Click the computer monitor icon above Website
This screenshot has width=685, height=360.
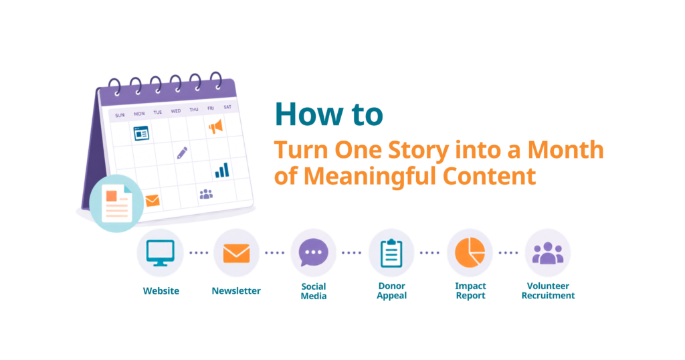(x=161, y=252)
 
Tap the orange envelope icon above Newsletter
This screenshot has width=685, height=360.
(x=236, y=254)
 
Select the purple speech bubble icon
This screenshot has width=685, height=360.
(x=313, y=252)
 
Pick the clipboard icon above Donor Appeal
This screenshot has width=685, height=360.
(x=391, y=253)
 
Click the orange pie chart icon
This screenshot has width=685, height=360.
(x=470, y=252)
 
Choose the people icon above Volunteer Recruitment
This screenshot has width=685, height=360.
(x=547, y=253)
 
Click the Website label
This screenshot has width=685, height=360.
(x=161, y=291)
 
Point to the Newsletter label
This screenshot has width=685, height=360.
(x=236, y=291)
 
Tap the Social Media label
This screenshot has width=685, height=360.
(x=314, y=291)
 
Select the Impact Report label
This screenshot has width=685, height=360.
(x=470, y=291)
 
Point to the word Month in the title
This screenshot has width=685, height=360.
(x=565, y=149)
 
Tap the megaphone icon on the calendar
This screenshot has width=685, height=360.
(x=216, y=126)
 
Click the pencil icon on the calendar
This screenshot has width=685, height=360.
(x=182, y=153)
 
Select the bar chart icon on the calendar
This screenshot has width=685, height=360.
(x=222, y=171)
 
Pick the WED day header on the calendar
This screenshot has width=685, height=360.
(x=176, y=111)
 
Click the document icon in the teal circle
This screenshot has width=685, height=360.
(x=117, y=203)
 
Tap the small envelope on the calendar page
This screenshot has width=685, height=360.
(x=152, y=201)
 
